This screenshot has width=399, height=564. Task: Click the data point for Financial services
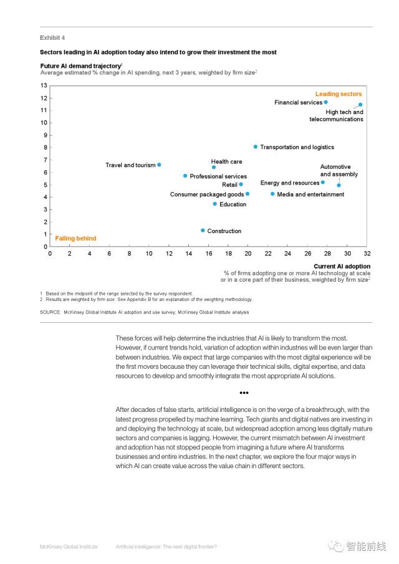pyautogui.click(x=325, y=102)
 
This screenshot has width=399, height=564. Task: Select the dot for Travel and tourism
pyautogui.click(x=159, y=165)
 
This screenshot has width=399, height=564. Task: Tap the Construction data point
pyautogui.click(x=203, y=231)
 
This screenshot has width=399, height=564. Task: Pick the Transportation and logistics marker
pyautogui.click(x=256, y=147)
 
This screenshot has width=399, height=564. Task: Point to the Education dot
pyautogui.click(x=215, y=204)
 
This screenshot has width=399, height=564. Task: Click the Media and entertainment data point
pyautogui.click(x=272, y=194)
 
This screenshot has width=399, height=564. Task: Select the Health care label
pyautogui.click(x=226, y=161)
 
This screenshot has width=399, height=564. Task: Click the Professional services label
pyautogui.click(x=218, y=176)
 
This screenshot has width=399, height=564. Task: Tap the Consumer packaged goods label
pyautogui.click(x=207, y=194)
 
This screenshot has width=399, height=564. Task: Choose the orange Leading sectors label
pyautogui.click(x=339, y=94)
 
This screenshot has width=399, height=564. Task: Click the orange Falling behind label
pyautogui.click(x=75, y=238)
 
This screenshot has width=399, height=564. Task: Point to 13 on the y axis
pyautogui.click(x=44, y=85)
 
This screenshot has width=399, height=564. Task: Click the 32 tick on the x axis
pyautogui.click(x=367, y=254)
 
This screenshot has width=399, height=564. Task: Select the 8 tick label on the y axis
pyautogui.click(x=45, y=147)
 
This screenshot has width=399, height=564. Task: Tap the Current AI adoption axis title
pyautogui.click(x=342, y=266)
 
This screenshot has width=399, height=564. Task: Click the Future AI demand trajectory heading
pyautogui.click(x=80, y=65)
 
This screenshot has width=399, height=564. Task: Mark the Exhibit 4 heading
pyautogui.click(x=52, y=37)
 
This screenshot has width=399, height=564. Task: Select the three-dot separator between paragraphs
pyautogui.click(x=244, y=393)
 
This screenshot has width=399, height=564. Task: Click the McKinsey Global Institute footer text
pyautogui.click(x=69, y=547)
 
